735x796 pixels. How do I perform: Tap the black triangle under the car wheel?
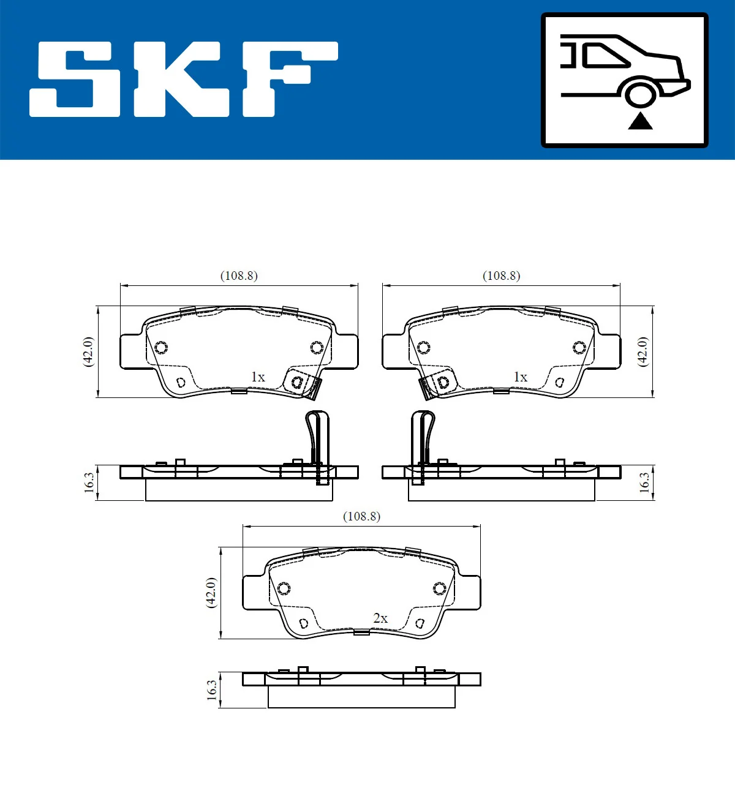click(x=640, y=121)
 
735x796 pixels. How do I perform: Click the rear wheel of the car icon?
click(x=641, y=95)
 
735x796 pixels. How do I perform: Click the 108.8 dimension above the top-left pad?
click(x=239, y=276)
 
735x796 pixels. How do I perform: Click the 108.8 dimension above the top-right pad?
click(x=502, y=276)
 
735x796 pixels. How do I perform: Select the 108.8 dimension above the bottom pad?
click(x=361, y=516)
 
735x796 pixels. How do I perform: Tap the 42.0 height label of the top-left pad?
click(x=89, y=351)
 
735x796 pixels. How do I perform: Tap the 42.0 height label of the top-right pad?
click(x=643, y=351)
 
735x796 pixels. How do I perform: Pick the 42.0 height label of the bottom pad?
click(x=211, y=592)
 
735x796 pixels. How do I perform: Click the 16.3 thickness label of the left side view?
click(x=89, y=482)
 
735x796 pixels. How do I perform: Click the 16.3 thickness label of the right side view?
click(x=644, y=482)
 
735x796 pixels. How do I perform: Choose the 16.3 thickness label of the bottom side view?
click(x=212, y=690)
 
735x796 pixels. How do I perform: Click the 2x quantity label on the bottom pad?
click(x=380, y=618)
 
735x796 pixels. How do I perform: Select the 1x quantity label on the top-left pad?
click(x=258, y=377)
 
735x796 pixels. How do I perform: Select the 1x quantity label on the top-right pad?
click(x=520, y=377)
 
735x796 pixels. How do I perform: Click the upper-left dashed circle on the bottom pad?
click(x=284, y=588)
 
